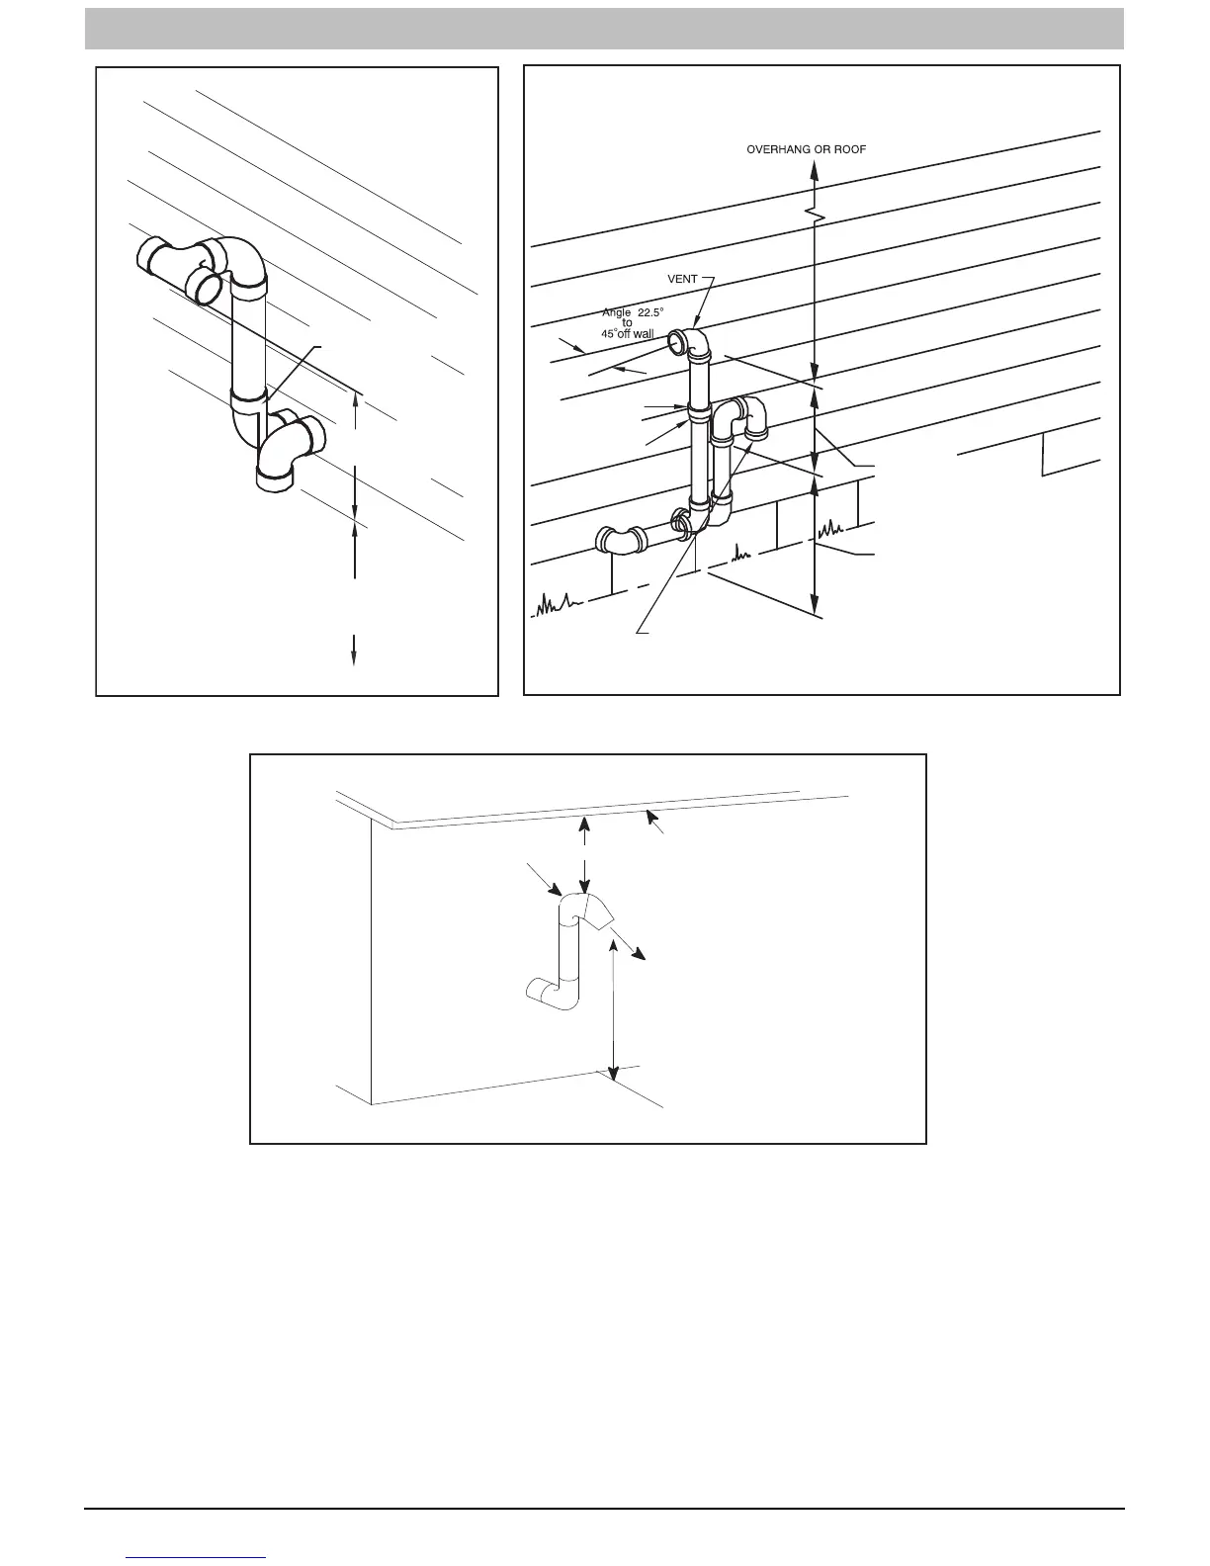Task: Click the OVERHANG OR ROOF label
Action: coord(806,149)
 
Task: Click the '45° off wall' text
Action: coord(627,333)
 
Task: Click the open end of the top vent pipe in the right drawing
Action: coord(677,343)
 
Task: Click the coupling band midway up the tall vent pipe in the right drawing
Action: coord(698,409)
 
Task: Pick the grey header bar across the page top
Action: coord(604,29)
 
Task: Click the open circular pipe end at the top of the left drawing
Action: coord(207,288)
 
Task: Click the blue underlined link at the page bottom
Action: coord(197,1556)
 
